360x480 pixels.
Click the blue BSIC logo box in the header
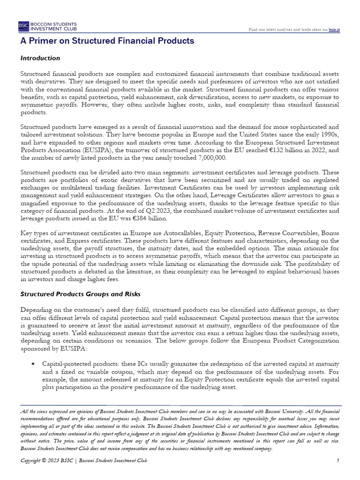23,25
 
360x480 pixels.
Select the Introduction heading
40,58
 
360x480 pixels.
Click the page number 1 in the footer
337,461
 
